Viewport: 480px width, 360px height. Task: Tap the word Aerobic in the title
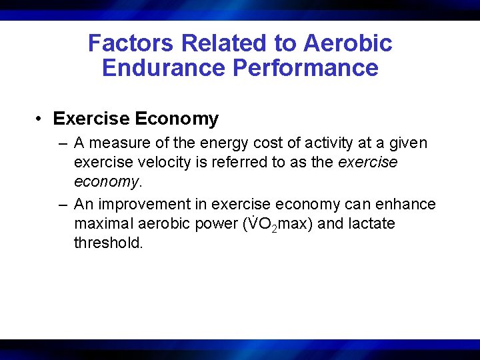tap(347, 43)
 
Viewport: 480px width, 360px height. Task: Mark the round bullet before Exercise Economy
tap(41, 119)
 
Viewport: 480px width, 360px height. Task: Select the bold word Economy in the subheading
tap(177, 119)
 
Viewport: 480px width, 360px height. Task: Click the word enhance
tap(407, 204)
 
